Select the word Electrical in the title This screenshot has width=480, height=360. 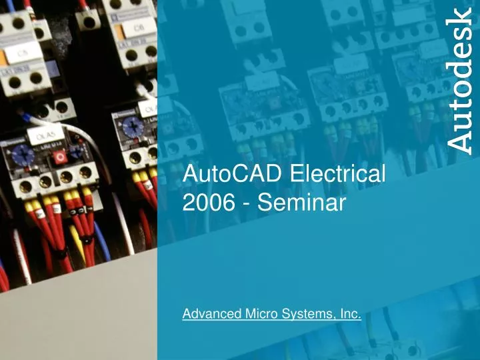tap(338, 175)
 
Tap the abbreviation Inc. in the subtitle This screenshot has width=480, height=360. tap(349, 314)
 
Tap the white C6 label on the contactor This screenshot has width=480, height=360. tap(138, 28)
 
